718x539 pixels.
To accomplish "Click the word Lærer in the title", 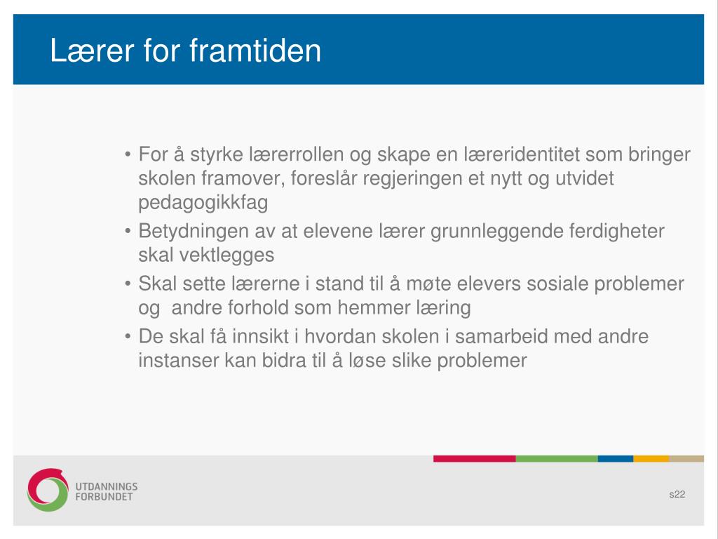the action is click(x=92, y=50).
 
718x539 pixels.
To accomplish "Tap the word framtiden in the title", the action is click(x=255, y=50).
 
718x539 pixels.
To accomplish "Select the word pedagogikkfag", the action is click(x=203, y=203).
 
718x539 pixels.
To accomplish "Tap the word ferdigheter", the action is click(x=616, y=231).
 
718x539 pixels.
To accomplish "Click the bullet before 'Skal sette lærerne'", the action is click(x=128, y=284).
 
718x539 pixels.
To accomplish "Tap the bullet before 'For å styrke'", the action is click(x=128, y=154).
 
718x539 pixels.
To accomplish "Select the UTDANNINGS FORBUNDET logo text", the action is click(x=107, y=491).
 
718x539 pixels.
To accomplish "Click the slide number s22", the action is click(x=677, y=494).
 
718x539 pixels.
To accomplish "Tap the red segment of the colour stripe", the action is click(x=475, y=459).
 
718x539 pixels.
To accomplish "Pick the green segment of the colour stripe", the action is click(x=557, y=459).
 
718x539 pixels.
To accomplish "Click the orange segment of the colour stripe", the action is click(x=651, y=459).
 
